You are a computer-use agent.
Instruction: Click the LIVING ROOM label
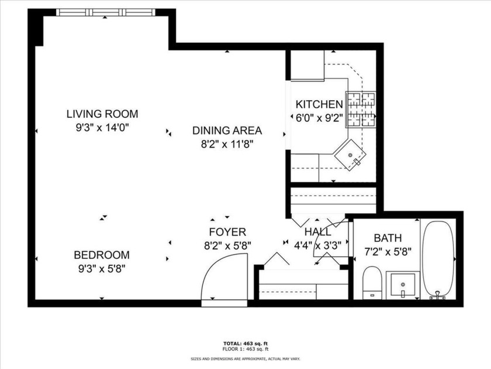pyautogui.click(x=102, y=114)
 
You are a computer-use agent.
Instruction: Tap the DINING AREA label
pyautogui.click(x=227, y=131)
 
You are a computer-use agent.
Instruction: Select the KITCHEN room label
pyautogui.click(x=319, y=104)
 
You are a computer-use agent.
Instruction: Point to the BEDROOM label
pyautogui.click(x=102, y=255)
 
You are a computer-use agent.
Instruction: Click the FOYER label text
pyautogui.click(x=227, y=232)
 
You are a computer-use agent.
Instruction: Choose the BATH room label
pyautogui.click(x=388, y=238)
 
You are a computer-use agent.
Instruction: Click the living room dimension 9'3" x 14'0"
pyautogui.click(x=102, y=127)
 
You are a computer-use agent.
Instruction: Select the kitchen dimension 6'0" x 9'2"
pyautogui.click(x=319, y=117)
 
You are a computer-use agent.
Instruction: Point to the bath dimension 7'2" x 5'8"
pyautogui.click(x=388, y=252)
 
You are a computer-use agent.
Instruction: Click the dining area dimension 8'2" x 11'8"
pyautogui.click(x=227, y=143)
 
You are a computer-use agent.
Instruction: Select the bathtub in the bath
pyautogui.click(x=438, y=258)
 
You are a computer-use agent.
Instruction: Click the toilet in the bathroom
pyautogui.click(x=372, y=282)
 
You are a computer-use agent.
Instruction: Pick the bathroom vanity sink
pyautogui.click(x=403, y=285)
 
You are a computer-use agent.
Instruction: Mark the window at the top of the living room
pyautogui.click(x=106, y=12)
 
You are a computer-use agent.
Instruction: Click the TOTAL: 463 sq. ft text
pyautogui.click(x=245, y=343)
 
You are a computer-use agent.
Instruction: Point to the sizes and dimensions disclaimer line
pyautogui.click(x=245, y=358)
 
